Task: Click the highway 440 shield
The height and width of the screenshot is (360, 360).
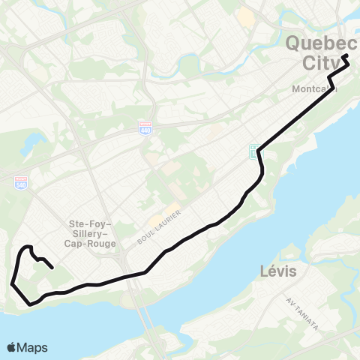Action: tap(144, 128)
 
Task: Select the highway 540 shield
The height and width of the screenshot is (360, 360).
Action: tap(21, 182)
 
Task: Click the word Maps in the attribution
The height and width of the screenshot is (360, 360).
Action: tap(32, 347)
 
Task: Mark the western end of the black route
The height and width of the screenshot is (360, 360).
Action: tap(51, 267)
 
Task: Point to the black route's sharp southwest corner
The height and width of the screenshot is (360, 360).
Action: tap(12, 283)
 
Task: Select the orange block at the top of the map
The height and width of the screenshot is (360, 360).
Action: tap(245, 14)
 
